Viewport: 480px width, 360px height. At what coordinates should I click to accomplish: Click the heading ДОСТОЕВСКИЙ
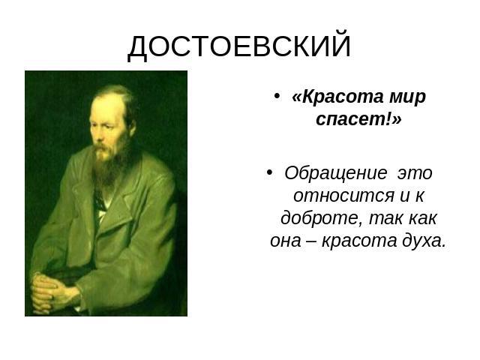pyautogui.click(x=238, y=46)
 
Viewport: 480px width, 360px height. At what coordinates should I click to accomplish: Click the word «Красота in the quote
pyautogui.click(x=337, y=97)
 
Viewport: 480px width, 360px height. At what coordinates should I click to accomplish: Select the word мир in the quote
pyautogui.click(x=408, y=98)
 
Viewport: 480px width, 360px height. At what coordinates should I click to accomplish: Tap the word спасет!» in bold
pyautogui.click(x=358, y=119)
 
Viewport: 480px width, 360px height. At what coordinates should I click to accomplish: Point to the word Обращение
pyautogui.click(x=336, y=174)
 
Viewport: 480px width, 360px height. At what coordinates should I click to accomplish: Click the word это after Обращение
pyautogui.click(x=415, y=174)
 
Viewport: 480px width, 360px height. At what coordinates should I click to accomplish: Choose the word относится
pyautogui.click(x=343, y=196)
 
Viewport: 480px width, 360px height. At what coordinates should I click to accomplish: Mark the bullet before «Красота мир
pyautogui.click(x=277, y=96)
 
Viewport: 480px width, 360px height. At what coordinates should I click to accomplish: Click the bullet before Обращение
pyautogui.click(x=269, y=172)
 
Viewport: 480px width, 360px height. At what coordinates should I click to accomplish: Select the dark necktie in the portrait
pyautogui.click(x=98, y=200)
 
